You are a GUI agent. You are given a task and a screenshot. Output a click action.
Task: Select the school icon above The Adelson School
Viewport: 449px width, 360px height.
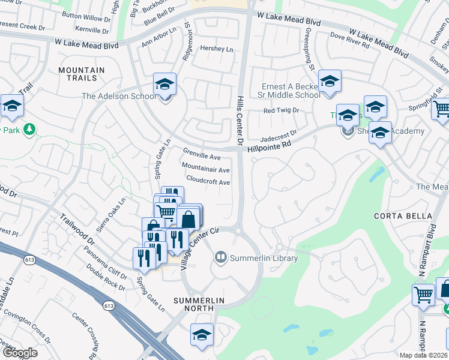[164, 84]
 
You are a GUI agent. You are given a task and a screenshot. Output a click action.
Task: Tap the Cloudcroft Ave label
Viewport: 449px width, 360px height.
[208, 182]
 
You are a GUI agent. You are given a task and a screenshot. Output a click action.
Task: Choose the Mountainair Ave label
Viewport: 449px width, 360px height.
[206, 170]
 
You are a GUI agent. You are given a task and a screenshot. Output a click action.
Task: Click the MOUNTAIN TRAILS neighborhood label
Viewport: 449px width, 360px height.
[81, 74]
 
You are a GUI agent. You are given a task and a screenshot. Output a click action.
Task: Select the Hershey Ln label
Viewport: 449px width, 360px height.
[216, 49]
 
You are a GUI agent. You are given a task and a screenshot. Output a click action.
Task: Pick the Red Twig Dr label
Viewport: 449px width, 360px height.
[282, 111]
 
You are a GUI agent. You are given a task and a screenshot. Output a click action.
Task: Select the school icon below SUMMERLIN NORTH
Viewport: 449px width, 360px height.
[202, 335]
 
